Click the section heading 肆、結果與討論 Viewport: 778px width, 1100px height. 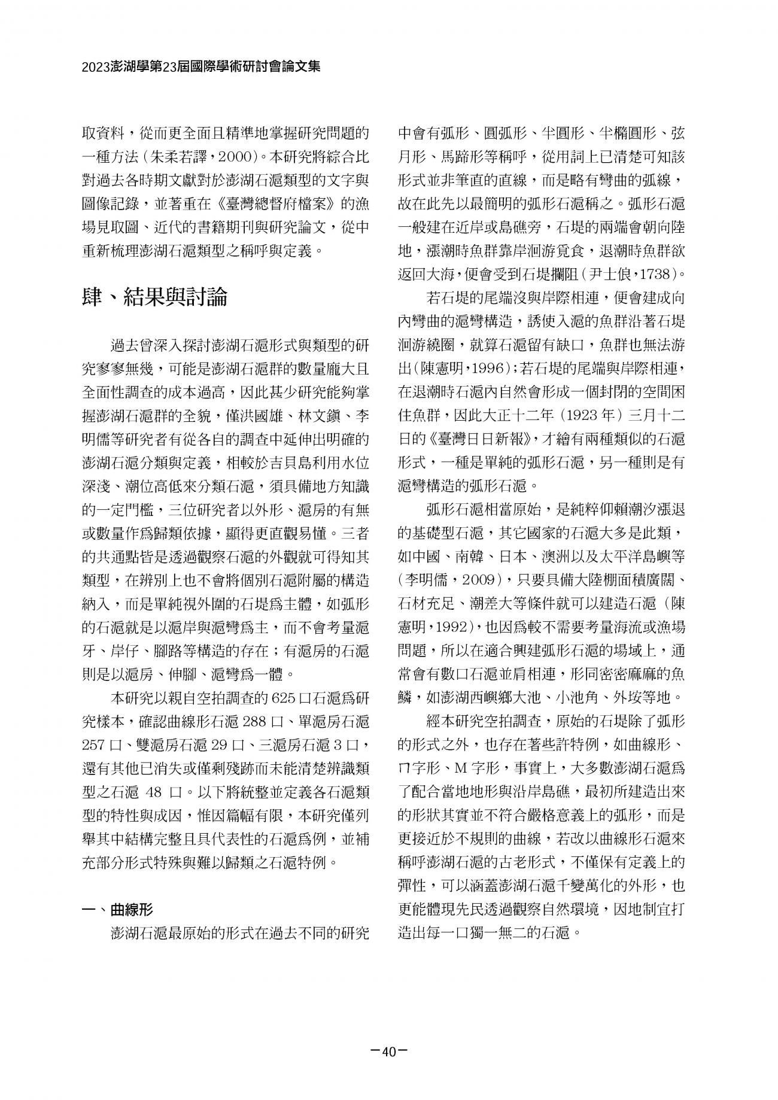tap(154, 296)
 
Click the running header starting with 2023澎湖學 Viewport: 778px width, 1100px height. tap(201, 66)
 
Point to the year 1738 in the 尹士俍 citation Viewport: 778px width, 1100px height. tap(655, 275)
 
